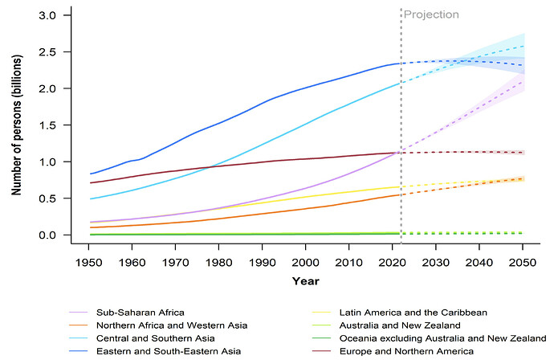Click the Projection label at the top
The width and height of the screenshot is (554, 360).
pyautogui.click(x=431, y=14)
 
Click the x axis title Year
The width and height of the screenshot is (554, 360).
pyautogui.click(x=305, y=281)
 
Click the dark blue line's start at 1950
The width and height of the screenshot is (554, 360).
pyautogui.click(x=91, y=174)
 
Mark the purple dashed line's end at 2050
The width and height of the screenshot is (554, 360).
pyautogui.click(x=522, y=82)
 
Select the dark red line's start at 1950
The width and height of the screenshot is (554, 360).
pyautogui.click(x=91, y=182)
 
